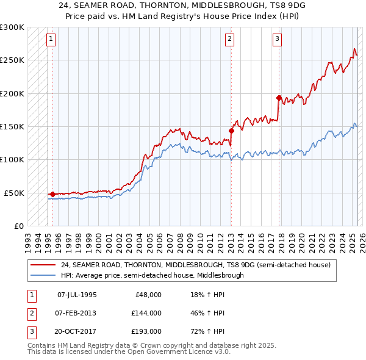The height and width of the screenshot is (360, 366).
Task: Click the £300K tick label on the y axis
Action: tap(12, 27)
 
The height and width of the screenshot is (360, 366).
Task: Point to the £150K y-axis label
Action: tap(12, 127)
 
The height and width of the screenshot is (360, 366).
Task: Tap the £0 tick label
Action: tap(18, 226)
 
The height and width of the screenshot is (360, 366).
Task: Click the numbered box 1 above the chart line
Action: tap(51, 40)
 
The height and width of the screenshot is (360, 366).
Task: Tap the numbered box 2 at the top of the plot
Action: tap(229, 40)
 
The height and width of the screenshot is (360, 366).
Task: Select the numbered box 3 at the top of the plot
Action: tap(277, 40)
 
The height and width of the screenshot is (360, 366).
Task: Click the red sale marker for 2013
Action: tap(231, 130)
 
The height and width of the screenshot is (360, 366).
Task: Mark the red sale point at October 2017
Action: tap(279, 98)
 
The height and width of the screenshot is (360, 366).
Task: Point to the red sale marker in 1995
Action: tap(52, 194)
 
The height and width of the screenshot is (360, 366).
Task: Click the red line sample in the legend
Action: tap(43, 265)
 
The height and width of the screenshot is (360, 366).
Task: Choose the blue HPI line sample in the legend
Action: tap(43, 275)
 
